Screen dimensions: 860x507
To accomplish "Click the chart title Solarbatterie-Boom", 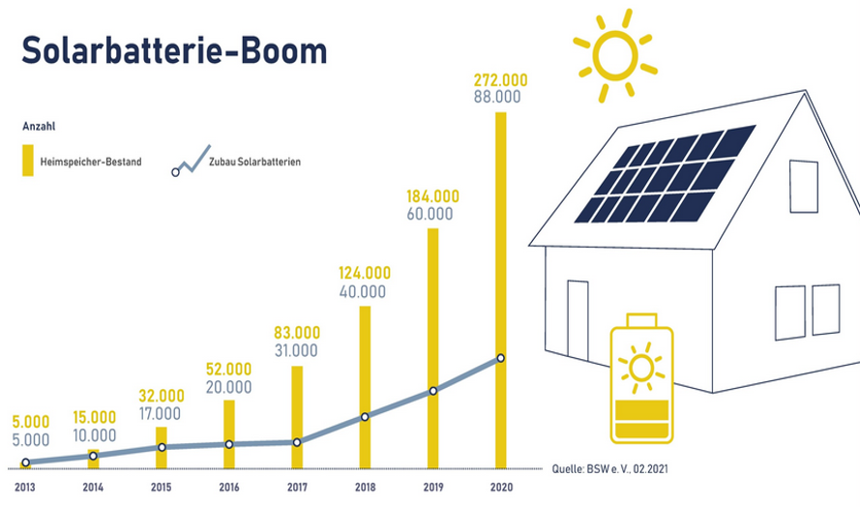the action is tap(174, 51).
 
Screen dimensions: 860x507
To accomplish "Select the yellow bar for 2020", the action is tap(501, 290).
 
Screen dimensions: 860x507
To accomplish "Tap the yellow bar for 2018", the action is tap(365, 387).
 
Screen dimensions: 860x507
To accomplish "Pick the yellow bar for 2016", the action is tap(229, 434).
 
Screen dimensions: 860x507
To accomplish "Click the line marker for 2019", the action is tap(432, 391).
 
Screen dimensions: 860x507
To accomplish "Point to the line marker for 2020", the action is tap(501, 358).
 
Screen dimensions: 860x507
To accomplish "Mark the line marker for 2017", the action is tap(297, 442).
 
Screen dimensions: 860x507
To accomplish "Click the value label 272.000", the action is tap(501, 80).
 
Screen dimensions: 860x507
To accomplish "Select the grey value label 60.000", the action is tap(430, 214).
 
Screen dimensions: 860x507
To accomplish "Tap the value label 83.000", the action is tap(297, 333).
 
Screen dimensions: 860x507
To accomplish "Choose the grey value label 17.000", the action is tap(160, 414).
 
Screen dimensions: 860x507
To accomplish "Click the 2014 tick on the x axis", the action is tap(93, 488).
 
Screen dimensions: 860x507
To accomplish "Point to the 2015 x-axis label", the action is tap(162, 488).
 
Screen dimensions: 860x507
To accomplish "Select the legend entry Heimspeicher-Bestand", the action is tap(82, 162).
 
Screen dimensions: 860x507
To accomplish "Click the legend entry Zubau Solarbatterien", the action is tap(236, 162).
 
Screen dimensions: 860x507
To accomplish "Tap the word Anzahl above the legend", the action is tap(39, 126).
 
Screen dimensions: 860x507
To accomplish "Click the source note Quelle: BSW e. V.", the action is tap(609, 469).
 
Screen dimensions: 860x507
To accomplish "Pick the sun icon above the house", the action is tap(615, 56).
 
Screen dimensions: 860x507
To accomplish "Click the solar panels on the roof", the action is tap(666, 174).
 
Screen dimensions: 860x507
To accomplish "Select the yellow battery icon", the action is tap(641, 378).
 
